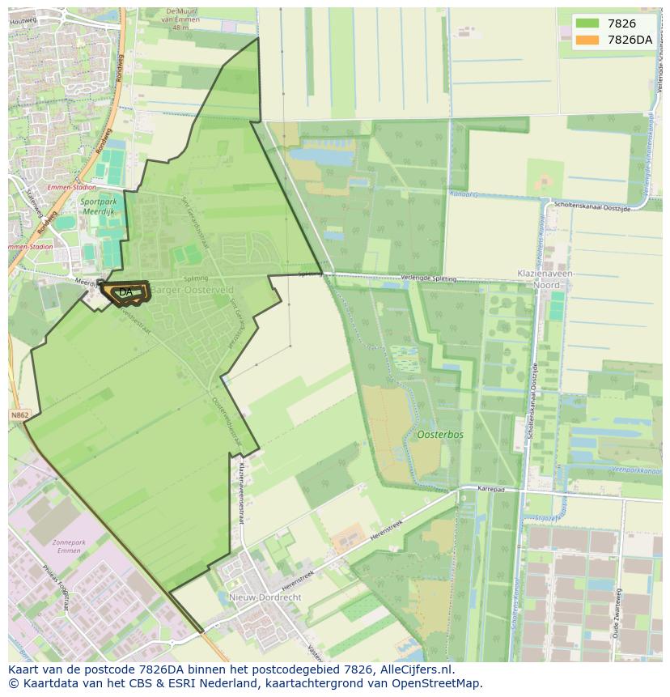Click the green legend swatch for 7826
click(587, 24)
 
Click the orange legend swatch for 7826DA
click(587, 40)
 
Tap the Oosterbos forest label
click(440, 435)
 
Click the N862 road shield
click(19, 415)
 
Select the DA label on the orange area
click(125, 292)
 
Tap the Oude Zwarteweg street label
click(618, 613)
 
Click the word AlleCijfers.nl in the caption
click(417, 669)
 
